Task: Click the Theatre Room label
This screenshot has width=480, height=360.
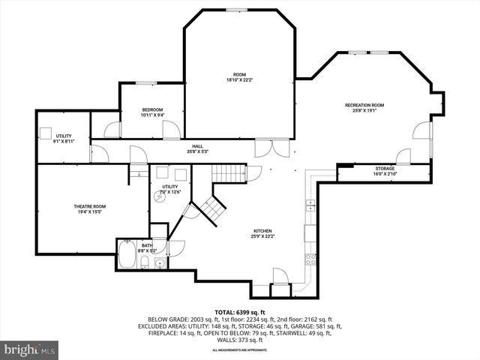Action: click(x=88, y=206)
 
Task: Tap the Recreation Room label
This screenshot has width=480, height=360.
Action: click(x=364, y=105)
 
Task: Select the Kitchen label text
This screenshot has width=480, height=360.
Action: click(x=262, y=231)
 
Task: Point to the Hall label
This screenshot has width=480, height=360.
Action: click(x=197, y=146)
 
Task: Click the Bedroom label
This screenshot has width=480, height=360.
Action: click(x=152, y=110)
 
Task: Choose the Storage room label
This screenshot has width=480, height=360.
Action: click(x=385, y=169)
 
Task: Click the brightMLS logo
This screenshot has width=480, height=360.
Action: click(x=30, y=349)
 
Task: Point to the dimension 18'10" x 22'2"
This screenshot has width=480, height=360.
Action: click(x=239, y=79)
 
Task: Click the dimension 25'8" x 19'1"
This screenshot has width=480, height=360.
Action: click(x=364, y=109)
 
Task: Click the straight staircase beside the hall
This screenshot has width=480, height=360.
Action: click(x=228, y=173)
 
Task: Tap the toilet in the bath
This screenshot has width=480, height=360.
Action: click(x=159, y=262)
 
